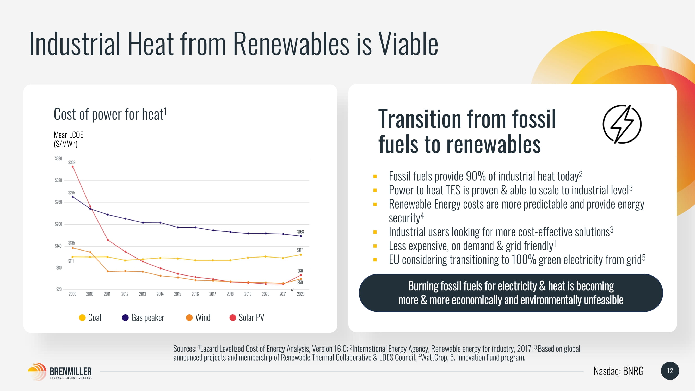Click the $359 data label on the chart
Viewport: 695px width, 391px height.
click(72, 162)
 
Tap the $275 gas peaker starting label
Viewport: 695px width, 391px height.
click(71, 193)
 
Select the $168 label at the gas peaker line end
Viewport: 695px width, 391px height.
click(300, 232)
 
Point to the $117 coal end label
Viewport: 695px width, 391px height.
click(300, 250)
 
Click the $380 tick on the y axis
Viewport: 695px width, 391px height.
click(59, 158)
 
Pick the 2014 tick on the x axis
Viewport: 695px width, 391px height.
click(160, 294)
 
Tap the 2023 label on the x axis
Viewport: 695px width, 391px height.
click(300, 294)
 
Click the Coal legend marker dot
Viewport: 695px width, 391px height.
click(82, 317)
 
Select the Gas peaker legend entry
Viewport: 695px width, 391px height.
click(143, 317)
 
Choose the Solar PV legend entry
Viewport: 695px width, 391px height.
click(247, 317)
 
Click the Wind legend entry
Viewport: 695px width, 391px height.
click(198, 317)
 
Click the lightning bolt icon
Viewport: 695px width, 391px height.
click(622, 124)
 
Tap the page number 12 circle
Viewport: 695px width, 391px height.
click(670, 371)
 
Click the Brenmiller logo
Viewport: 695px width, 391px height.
click(60, 371)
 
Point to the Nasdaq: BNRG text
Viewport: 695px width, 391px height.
click(618, 371)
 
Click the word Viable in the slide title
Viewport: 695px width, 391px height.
click(408, 44)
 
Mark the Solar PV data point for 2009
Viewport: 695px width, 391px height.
click(73, 167)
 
